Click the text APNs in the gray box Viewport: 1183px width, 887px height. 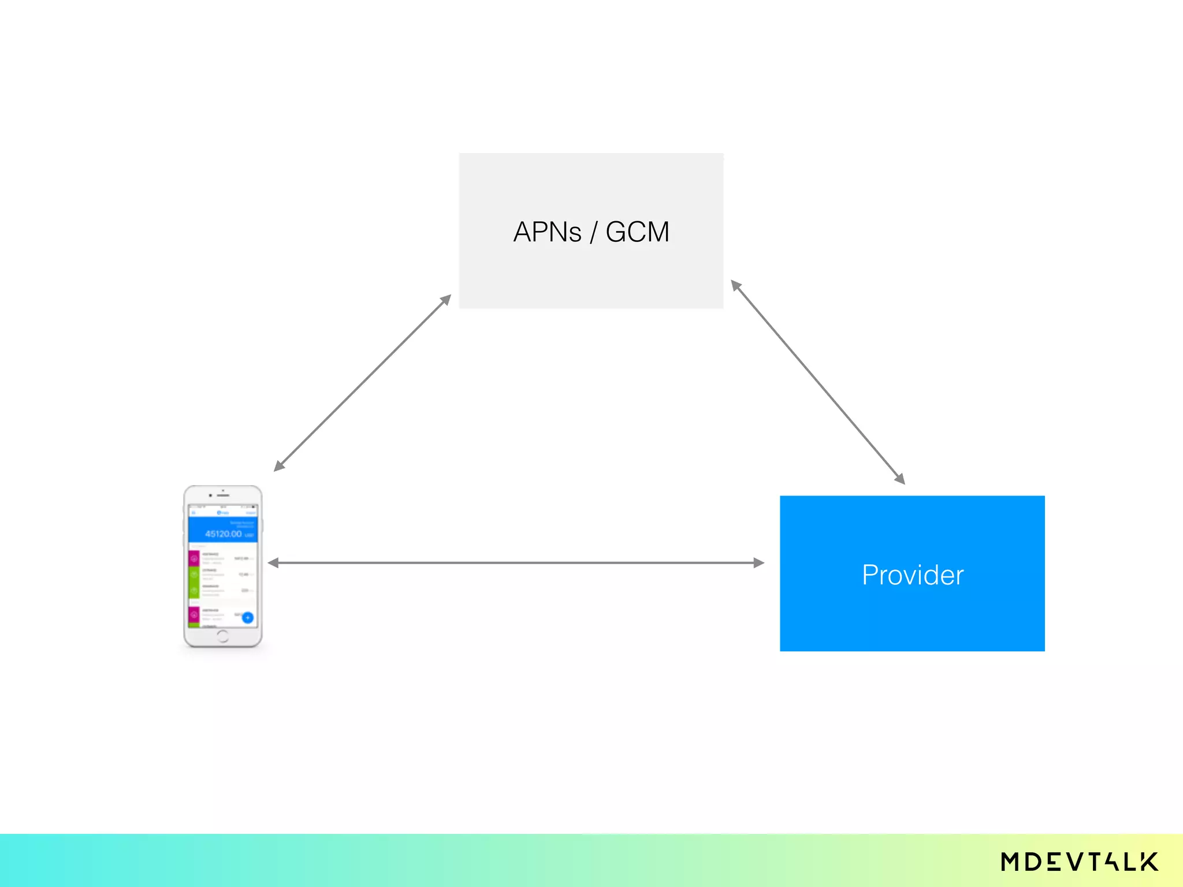tap(547, 232)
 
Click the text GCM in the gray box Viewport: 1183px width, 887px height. tap(637, 232)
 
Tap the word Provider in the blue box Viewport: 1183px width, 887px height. tap(913, 575)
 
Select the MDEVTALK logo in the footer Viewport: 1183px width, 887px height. tap(1079, 862)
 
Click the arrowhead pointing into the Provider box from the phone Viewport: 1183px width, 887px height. tap(758, 562)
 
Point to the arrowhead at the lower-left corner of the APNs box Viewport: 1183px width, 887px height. tap(445, 300)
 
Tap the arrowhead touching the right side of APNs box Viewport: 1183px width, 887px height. tap(736, 286)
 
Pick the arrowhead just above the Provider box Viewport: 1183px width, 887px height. tap(899, 478)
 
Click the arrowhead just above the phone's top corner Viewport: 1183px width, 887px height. tap(280, 465)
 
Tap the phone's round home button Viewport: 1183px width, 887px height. tap(223, 636)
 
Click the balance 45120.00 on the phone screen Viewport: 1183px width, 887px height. tap(224, 534)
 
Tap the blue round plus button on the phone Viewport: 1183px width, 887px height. tap(248, 617)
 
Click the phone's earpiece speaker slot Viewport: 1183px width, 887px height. tap(224, 495)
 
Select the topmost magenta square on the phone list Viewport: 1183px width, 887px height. tap(194, 558)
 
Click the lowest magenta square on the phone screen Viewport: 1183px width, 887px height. tap(194, 614)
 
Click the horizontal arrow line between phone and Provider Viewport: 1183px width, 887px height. tap(516, 562)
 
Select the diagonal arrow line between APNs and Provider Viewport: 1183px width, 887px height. tap(818, 382)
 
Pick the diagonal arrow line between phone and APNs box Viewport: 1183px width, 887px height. tap(362, 383)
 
